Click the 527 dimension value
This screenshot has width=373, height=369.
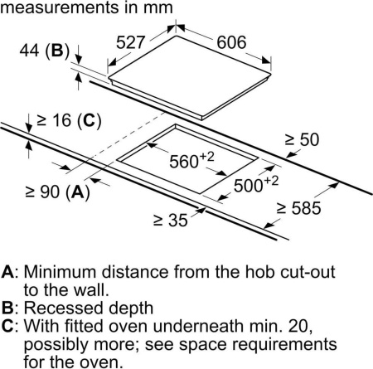pyautogui.click(x=130, y=42)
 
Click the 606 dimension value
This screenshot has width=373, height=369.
pyautogui.click(x=231, y=42)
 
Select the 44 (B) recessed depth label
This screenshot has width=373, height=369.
pyautogui.click(x=45, y=51)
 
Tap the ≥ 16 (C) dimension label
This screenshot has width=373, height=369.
pyautogui.click(x=69, y=121)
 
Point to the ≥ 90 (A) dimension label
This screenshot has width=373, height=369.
pyautogui.click(x=57, y=192)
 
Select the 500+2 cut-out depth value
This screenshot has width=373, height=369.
pyautogui.click(x=256, y=183)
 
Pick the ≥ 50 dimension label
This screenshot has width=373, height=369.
pyautogui.click(x=302, y=139)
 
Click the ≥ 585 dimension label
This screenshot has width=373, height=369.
pyautogui.click(x=298, y=208)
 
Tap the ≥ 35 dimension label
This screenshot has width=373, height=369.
pyautogui.click(x=171, y=221)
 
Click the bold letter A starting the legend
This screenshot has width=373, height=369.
pyautogui.click(x=7, y=272)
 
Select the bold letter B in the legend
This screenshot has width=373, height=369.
pyautogui.click(x=7, y=308)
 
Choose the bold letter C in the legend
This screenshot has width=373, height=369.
pyautogui.click(x=7, y=326)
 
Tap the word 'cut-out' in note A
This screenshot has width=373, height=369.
pyautogui.click(x=308, y=272)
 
